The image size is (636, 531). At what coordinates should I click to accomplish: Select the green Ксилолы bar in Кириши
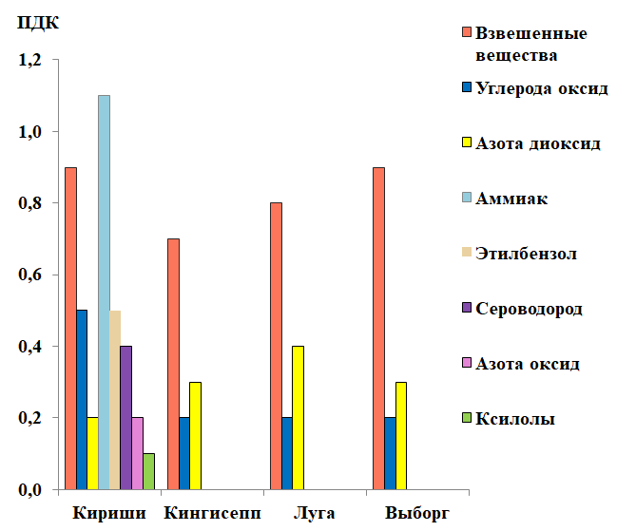coord(148,472)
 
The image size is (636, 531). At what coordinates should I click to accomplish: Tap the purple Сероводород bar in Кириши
coord(126,418)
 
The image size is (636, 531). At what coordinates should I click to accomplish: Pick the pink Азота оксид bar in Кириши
coord(137,454)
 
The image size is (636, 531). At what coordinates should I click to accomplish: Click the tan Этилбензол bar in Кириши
coord(115,400)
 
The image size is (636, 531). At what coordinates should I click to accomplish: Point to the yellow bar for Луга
coord(298,418)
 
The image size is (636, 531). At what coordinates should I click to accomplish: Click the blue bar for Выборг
coord(390,454)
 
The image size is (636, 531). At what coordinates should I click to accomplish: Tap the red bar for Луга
coord(276,346)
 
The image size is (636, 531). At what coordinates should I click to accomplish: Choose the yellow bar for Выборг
coord(401,436)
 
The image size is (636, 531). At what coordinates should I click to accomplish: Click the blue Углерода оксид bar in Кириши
coord(82,400)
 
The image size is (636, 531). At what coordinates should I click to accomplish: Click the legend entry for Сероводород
coord(529,310)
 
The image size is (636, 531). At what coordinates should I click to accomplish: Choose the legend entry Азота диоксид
coord(537,143)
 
